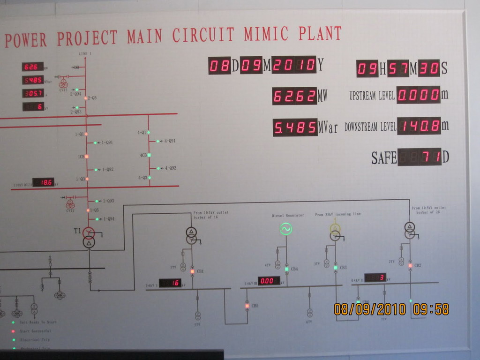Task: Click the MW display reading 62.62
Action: click(294, 96)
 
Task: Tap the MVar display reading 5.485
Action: click(295, 127)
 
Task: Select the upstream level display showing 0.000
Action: click(419, 95)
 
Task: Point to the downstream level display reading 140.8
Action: click(419, 126)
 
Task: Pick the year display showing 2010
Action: click(294, 65)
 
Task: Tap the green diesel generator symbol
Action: click(286, 229)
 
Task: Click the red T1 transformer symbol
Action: click(89, 232)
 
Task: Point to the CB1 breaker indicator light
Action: click(192, 271)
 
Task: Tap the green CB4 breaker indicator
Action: click(287, 269)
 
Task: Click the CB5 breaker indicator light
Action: click(247, 306)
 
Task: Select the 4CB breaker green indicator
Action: click(149, 155)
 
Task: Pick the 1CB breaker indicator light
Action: click(87, 156)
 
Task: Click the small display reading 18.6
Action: click(43, 182)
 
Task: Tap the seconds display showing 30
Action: click(428, 69)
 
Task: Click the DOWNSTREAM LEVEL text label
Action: click(370, 127)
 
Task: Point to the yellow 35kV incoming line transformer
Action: click(335, 229)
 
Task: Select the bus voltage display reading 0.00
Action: click(269, 281)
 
